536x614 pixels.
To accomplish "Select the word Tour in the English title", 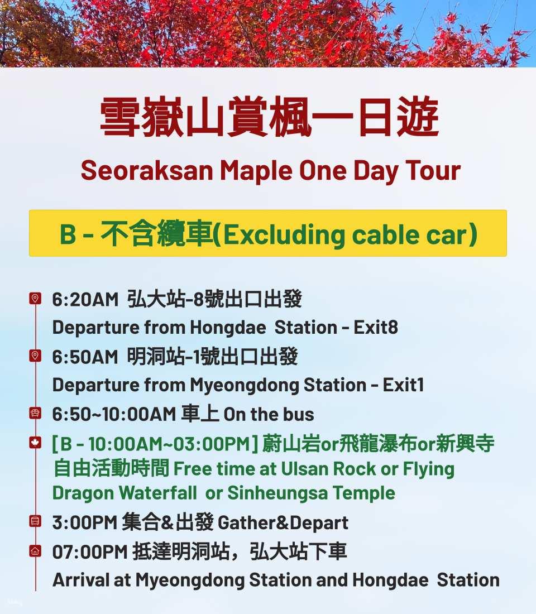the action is coord(433,171).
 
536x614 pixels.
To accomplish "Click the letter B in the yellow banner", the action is coord(68,234).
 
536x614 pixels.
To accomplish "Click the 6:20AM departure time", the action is coord(85,300).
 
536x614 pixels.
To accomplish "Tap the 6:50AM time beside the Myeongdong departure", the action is coord(85,357).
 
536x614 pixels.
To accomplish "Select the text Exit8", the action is coord(376,327).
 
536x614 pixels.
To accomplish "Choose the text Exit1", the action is coord(404,385).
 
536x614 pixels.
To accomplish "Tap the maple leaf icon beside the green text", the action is coord(35,443).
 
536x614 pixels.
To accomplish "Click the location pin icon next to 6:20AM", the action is coord(35,299).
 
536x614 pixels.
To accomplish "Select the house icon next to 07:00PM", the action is coord(35,551).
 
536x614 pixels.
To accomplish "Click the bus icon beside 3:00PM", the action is coord(35,521).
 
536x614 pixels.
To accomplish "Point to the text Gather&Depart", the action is coord(283,523).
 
